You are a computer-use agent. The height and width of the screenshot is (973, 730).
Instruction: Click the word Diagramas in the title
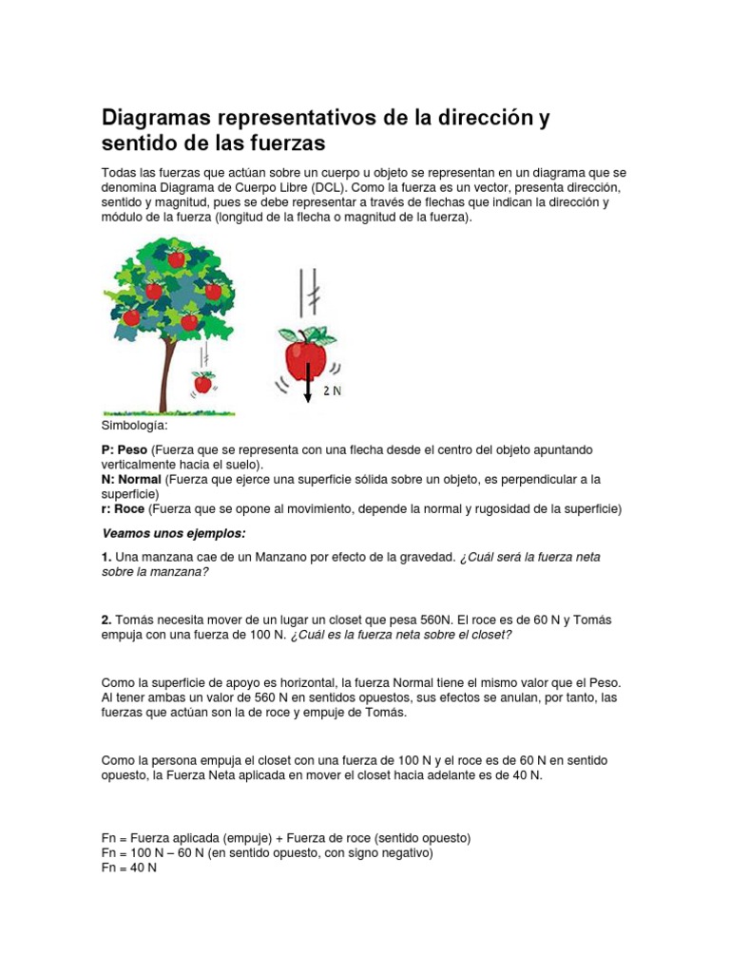pos(155,119)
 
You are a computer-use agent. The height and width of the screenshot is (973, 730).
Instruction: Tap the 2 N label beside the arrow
pos(332,391)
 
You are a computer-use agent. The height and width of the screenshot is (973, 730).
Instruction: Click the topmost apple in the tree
pos(176,258)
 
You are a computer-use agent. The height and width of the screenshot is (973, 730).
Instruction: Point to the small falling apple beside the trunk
pos(202,383)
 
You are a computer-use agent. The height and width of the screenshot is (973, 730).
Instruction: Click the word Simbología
pos(134,426)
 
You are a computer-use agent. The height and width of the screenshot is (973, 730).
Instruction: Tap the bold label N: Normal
pos(132,479)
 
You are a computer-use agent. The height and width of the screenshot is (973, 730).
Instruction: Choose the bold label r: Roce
pos(123,509)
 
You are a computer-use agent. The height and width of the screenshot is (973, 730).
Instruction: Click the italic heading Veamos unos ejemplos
pos(174,533)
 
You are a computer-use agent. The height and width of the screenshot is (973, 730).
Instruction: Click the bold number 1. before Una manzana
pos(107,557)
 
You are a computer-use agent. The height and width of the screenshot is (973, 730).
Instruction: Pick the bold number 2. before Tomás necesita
pos(107,620)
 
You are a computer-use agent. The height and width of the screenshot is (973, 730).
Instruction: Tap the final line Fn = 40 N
pos(129,868)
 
